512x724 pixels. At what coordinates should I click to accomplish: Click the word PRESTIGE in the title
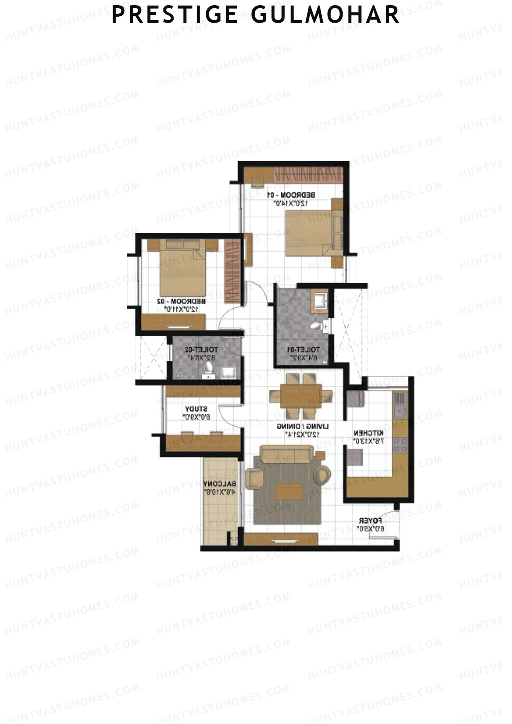(175, 15)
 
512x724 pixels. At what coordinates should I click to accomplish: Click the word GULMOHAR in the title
(325, 15)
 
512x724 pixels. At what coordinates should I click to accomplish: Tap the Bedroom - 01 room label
(291, 195)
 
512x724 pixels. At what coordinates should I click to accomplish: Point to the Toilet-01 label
(303, 350)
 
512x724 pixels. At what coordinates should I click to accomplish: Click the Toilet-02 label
(201, 350)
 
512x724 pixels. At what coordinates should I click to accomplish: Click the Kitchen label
(369, 433)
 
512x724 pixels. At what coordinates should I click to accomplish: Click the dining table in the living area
(301, 396)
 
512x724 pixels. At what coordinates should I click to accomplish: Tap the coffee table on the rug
(289, 491)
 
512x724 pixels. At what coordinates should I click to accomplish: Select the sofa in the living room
(287, 454)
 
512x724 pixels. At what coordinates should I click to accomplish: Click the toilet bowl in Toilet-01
(316, 327)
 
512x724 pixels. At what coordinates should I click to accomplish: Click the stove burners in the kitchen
(400, 446)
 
